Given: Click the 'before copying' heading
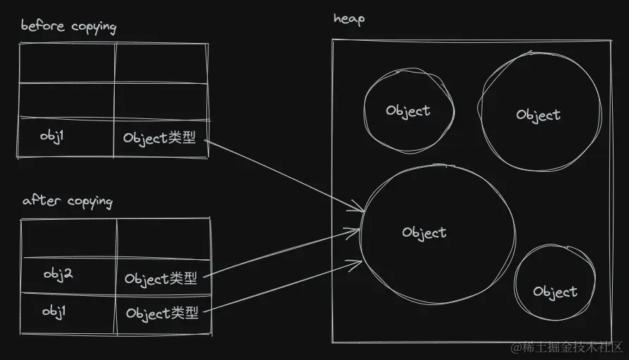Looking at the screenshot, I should coord(68,27).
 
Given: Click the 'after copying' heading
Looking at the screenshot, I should coord(67,201).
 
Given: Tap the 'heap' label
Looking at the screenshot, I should coord(349,19).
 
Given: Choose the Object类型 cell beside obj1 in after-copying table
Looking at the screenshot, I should coord(161,313).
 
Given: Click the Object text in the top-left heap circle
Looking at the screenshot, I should coord(408,111).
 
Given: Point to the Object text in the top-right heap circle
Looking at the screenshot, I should coord(538,115).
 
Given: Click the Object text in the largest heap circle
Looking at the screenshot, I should coord(424,232).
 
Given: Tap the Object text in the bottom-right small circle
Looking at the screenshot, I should coord(555,292).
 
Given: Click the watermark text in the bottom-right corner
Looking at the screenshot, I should coord(568,347).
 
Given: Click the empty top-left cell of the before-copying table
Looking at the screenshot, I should coord(67,63).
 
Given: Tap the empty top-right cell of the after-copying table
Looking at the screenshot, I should coord(163,238).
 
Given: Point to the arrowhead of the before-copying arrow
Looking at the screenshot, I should coord(360,209).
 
